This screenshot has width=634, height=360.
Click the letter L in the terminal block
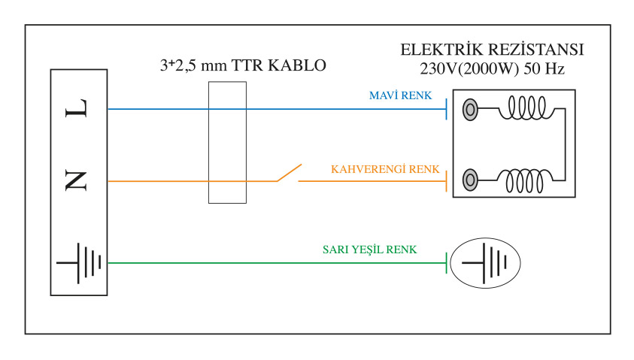[76, 108]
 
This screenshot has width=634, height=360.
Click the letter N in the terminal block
[76, 180]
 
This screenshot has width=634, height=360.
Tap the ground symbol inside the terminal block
[79, 263]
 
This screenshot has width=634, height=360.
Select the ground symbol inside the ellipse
[485, 263]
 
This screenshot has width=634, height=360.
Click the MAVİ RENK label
[400, 95]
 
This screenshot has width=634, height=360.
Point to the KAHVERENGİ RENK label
[385, 169]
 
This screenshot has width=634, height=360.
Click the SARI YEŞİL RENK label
[369, 250]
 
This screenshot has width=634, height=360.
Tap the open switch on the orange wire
[289, 173]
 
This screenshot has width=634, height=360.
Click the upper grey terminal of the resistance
[470, 109]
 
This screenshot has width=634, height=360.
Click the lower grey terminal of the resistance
[470, 180]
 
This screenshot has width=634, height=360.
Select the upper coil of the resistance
[526, 108]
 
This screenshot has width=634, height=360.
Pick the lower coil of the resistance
[525, 180]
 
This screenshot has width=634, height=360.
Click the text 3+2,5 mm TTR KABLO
[243, 65]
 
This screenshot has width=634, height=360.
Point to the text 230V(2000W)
[469, 69]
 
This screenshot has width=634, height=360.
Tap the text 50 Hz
[545, 69]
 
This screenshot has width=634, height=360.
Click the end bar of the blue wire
[447, 109]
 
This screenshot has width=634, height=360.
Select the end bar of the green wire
[447, 263]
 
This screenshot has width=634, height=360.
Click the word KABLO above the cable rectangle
[297, 65]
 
